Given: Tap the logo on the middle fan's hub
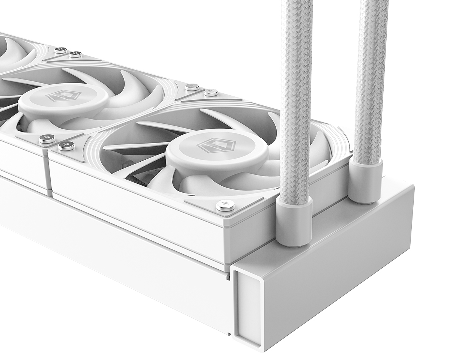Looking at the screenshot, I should coord(58,96).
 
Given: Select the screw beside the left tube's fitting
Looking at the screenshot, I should coord(225,205).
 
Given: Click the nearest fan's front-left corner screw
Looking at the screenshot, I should coord(66,145).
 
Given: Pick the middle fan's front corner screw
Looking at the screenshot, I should coord(47,139).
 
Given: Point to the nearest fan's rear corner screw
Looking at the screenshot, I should coord(211,92).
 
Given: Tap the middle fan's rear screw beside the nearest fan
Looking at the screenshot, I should coord(192,87).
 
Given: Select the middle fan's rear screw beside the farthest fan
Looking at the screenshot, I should coord(75,54).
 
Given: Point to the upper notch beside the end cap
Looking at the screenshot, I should coord(228,276).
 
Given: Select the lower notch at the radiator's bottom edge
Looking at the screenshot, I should coord(229,333).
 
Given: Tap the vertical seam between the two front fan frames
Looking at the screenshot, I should coord(49,174).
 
